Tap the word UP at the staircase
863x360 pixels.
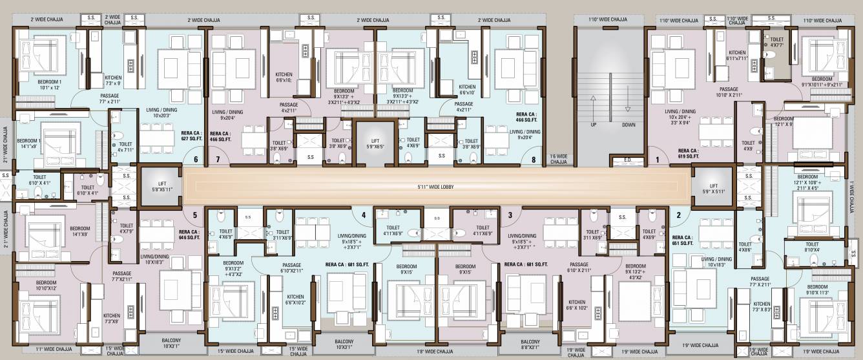point(593,125)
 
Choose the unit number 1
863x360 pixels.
point(658,159)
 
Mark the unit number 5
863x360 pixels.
point(194,215)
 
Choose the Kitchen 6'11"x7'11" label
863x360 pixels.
point(737,56)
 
